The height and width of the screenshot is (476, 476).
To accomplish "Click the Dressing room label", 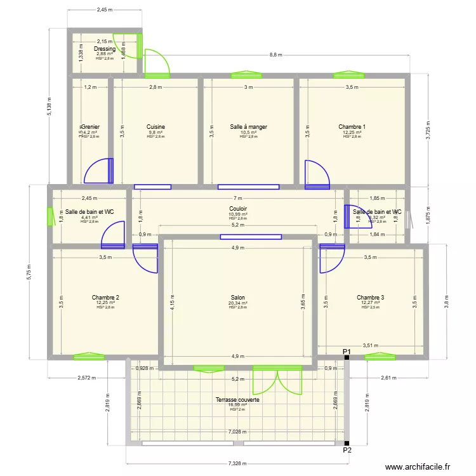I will point(105,49).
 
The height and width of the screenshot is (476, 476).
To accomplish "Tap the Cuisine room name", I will point(155,127).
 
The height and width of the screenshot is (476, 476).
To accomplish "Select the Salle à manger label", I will point(248,127).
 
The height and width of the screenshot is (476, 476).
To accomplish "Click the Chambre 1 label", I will point(352,127).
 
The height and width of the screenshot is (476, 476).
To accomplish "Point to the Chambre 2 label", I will point(105,298).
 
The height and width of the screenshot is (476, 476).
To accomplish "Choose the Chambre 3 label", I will point(370,298).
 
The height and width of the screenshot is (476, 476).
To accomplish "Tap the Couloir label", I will point(238,209).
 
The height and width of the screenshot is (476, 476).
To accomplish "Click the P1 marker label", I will point(347,352).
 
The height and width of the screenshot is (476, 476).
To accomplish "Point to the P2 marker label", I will point(347,451).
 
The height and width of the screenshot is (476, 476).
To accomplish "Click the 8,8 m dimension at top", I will point(275,55).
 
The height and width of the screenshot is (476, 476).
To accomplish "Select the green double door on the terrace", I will point(277,381).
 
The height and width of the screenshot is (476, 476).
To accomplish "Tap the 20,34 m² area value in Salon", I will point(238,303).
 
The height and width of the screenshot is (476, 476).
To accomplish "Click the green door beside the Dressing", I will point(155,62).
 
